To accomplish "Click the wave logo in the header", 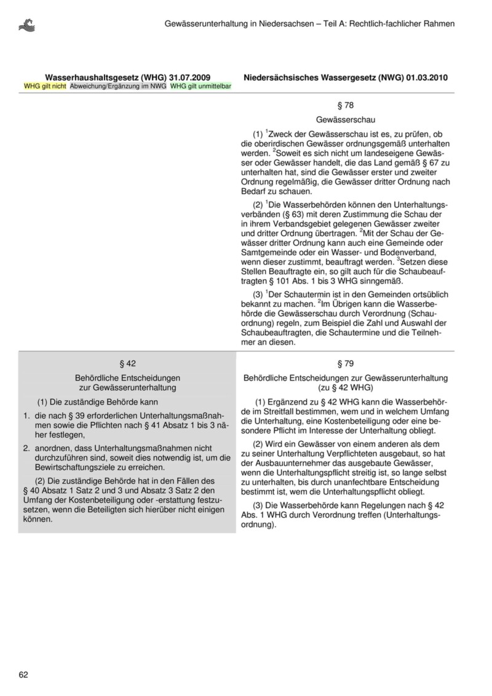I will click(28, 25).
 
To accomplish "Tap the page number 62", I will click(23, 674).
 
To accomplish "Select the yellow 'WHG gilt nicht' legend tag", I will click(45, 87).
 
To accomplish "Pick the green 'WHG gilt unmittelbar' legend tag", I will click(200, 87).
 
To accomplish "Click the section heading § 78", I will click(345, 105).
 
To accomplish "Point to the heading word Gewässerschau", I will click(345, 119).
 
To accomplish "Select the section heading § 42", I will click(127, 363).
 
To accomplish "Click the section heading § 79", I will click(345, 363).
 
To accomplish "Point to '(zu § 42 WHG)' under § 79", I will click(345, 388).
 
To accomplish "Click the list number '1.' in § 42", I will click(26, 416).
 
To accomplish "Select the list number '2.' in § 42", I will click(26, 448).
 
